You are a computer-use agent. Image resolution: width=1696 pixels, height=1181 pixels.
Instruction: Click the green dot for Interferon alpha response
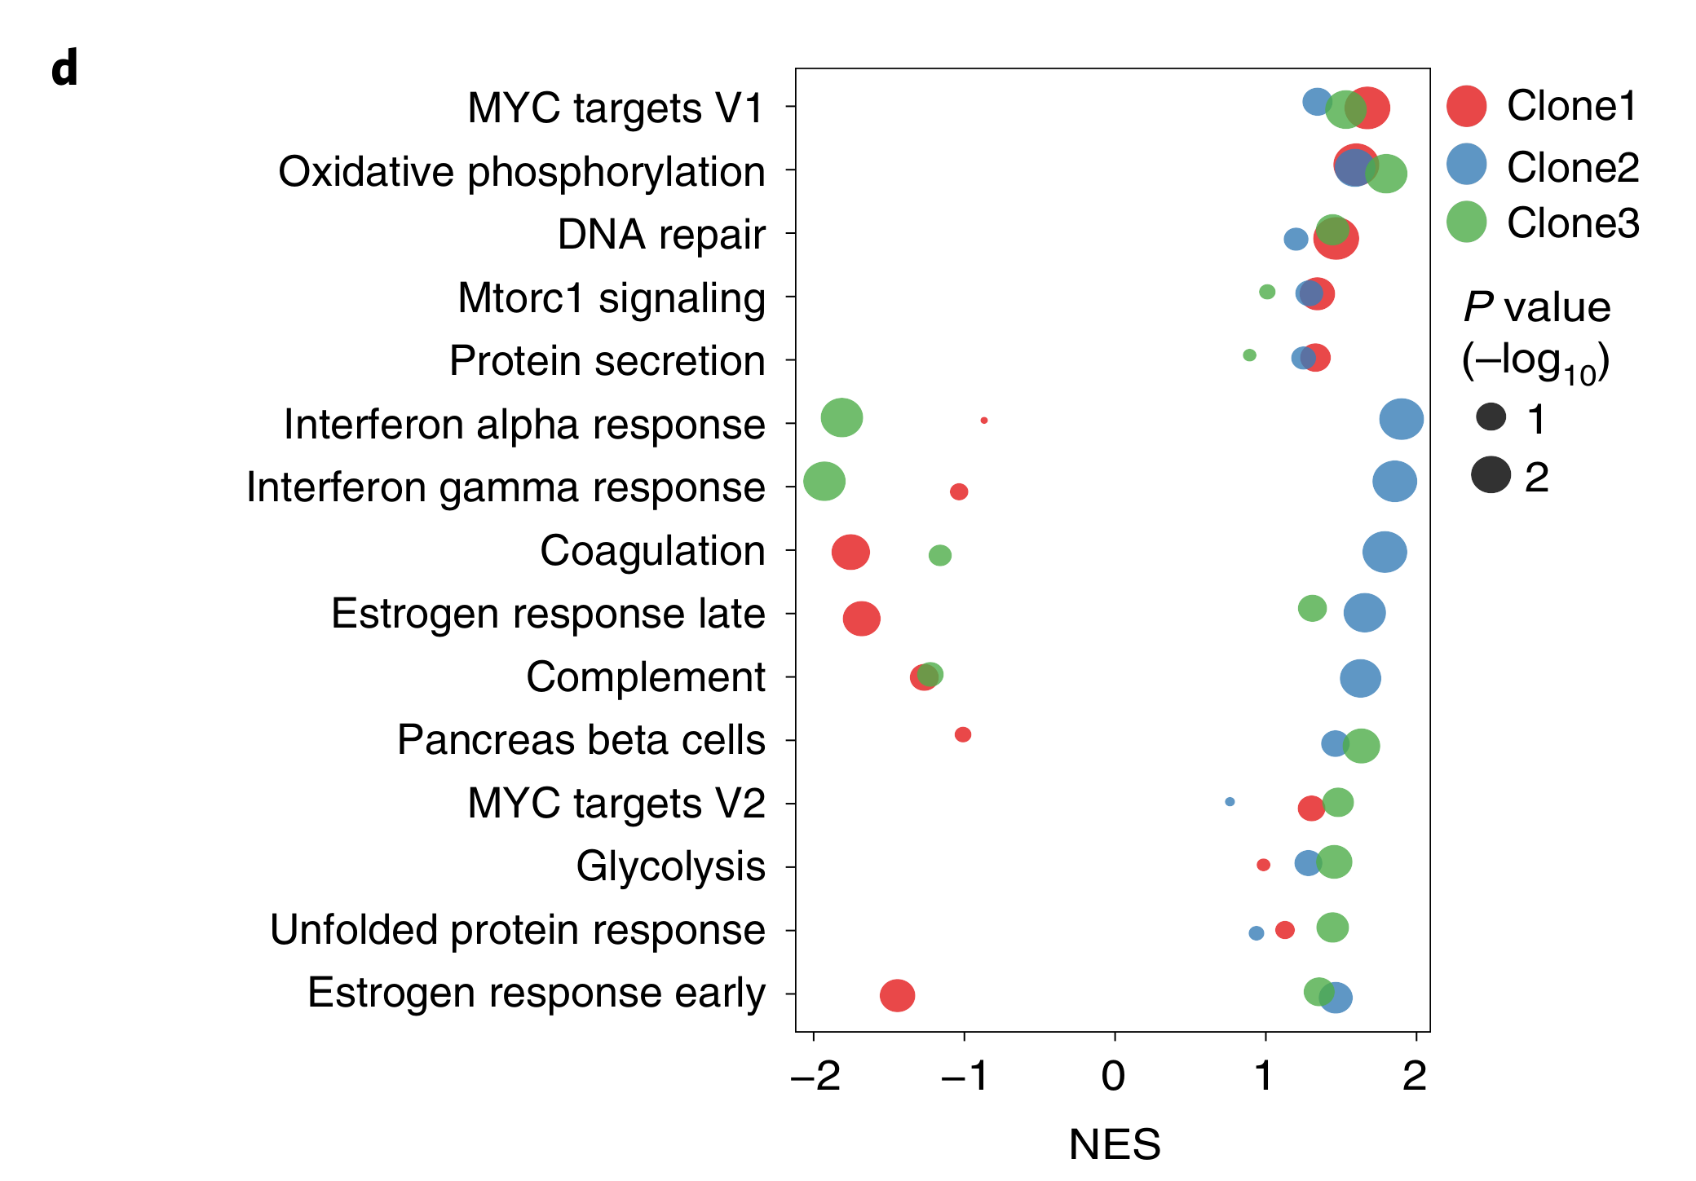(x=841, y=417)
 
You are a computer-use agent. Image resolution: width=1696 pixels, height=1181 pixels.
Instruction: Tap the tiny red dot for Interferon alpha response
(x=984, y=421)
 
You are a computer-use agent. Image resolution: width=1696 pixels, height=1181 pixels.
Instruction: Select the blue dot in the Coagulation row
(x=1385, y=552)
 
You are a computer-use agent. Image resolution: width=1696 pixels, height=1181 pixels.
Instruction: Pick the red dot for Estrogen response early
(x=897, y=995)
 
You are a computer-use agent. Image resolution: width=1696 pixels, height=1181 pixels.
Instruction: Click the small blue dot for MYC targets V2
(x=1230, y=802)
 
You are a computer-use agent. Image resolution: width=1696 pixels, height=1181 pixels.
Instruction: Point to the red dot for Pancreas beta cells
(x=963, y=734)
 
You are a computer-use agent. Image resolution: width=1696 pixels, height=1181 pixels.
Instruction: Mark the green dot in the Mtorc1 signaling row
(x=1267, y=292)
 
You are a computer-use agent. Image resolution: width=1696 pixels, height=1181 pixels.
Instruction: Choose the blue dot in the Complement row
(x=1360, y=678)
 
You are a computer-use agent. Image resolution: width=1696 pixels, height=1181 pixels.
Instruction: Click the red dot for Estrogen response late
(x=861, y=619)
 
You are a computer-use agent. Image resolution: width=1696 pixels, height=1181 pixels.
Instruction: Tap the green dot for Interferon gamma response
(x=824, y=481)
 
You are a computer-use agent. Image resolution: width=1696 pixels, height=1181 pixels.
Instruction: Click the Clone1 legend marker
(x=1466, y=106)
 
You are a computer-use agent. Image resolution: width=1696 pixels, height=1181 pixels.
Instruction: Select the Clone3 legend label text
(x=1573, y=223)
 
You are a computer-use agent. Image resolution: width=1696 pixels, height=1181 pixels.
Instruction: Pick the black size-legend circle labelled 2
(x=1491, y=475)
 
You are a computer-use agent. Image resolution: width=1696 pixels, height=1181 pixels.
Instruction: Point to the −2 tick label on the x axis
(x=815, y=1077)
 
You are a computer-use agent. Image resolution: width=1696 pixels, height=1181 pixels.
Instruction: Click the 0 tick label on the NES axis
(x=1114, y=1077)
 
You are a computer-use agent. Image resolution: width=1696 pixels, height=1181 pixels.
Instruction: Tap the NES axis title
(x=1114, y=1144)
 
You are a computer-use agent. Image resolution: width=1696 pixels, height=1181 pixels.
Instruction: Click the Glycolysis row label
(x=670, y=866)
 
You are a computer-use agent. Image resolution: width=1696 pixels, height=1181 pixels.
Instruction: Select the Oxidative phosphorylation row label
(x=522, y=172)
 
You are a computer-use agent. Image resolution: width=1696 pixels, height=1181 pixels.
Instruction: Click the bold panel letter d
(x=64, y=68)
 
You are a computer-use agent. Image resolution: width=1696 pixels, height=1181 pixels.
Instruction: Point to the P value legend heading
(x=1536, y=308)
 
